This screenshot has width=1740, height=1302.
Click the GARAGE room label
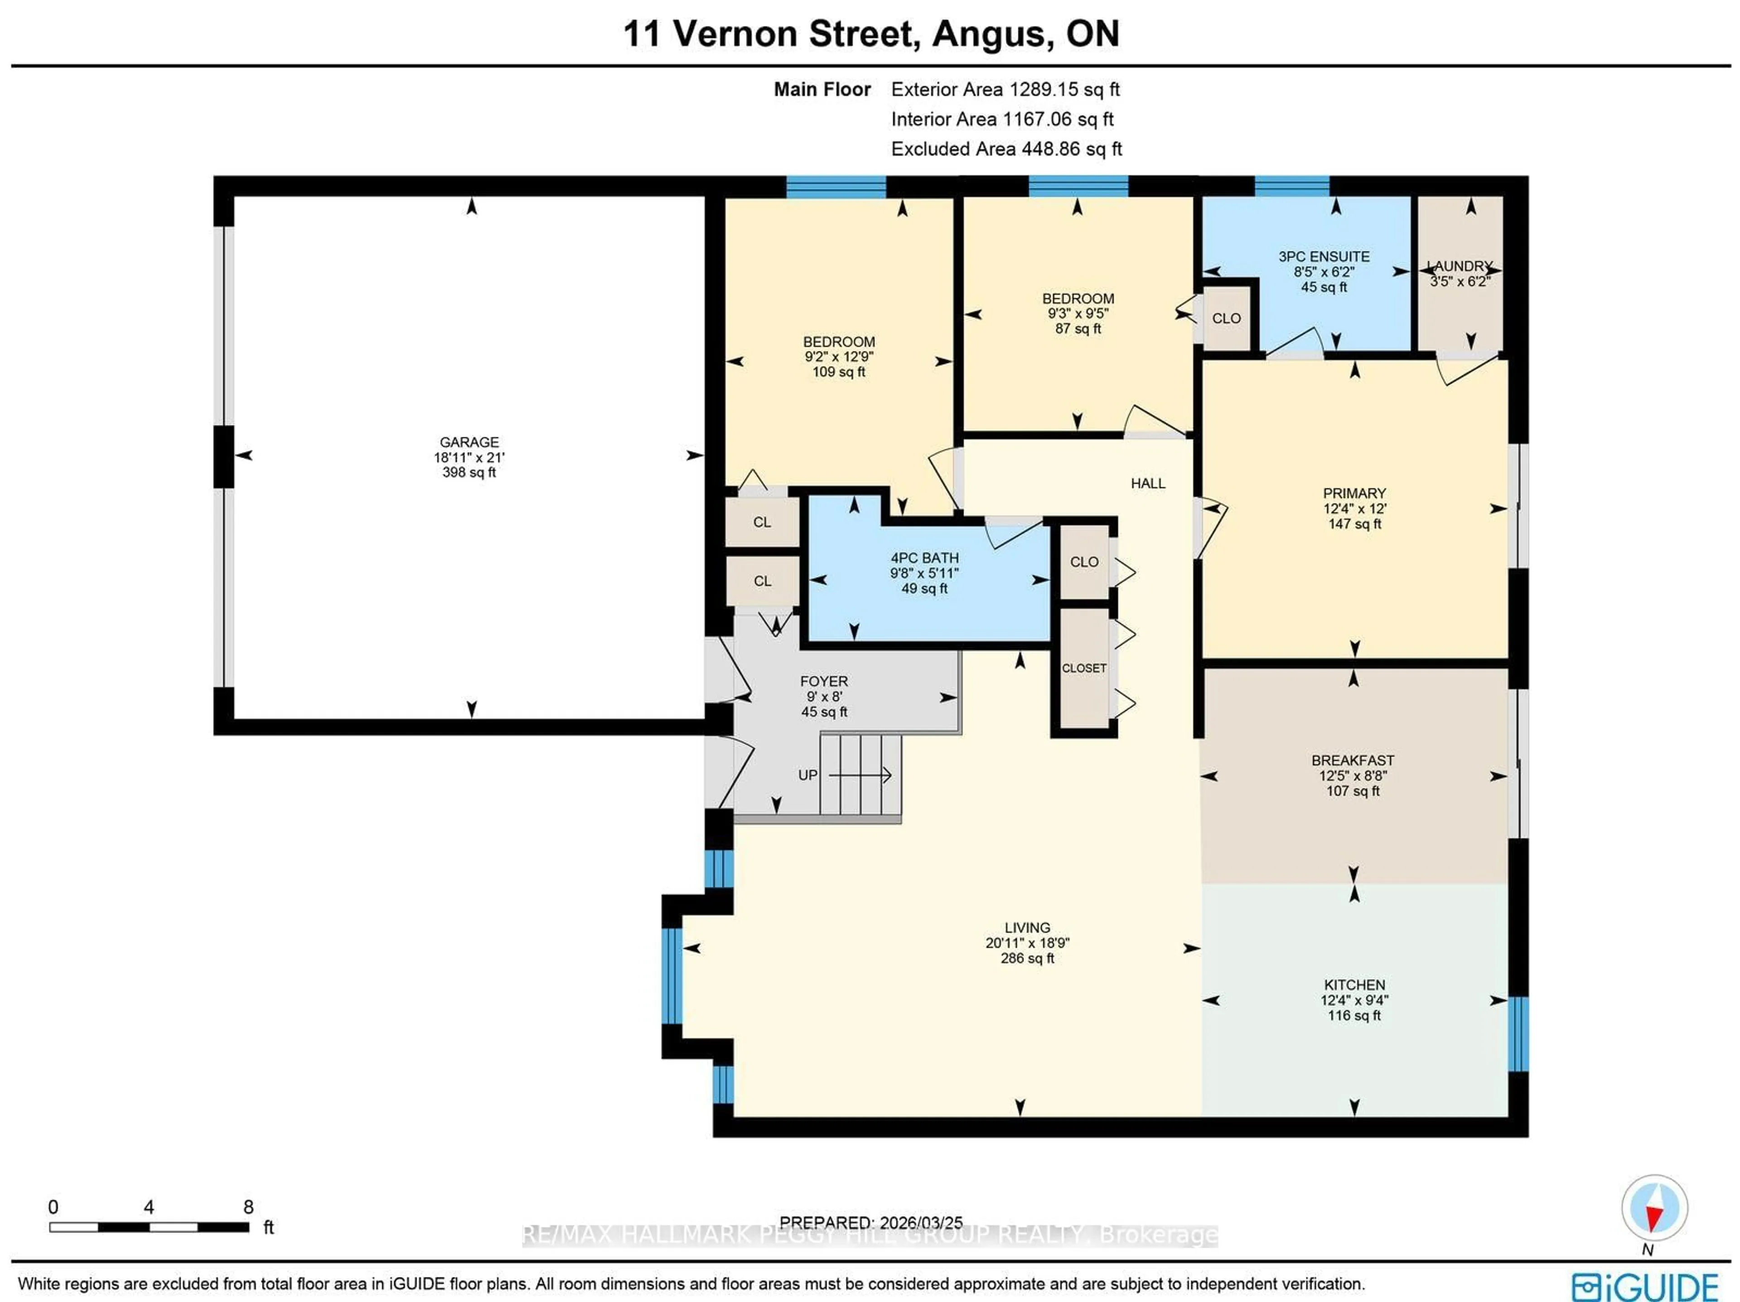469,442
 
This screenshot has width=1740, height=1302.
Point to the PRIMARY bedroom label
1354,493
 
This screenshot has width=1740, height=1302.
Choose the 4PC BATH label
924,557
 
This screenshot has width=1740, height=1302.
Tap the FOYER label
824,681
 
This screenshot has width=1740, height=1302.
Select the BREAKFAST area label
1352,760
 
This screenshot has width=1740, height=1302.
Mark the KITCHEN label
1354,985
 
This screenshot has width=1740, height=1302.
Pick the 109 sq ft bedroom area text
839,372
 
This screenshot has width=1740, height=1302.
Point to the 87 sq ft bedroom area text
1078,329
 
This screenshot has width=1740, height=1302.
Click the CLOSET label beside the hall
1084,668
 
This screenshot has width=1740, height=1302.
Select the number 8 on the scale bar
249,1207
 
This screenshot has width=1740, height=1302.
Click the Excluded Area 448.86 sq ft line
1006,149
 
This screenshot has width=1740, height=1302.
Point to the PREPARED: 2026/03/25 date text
871,1223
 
